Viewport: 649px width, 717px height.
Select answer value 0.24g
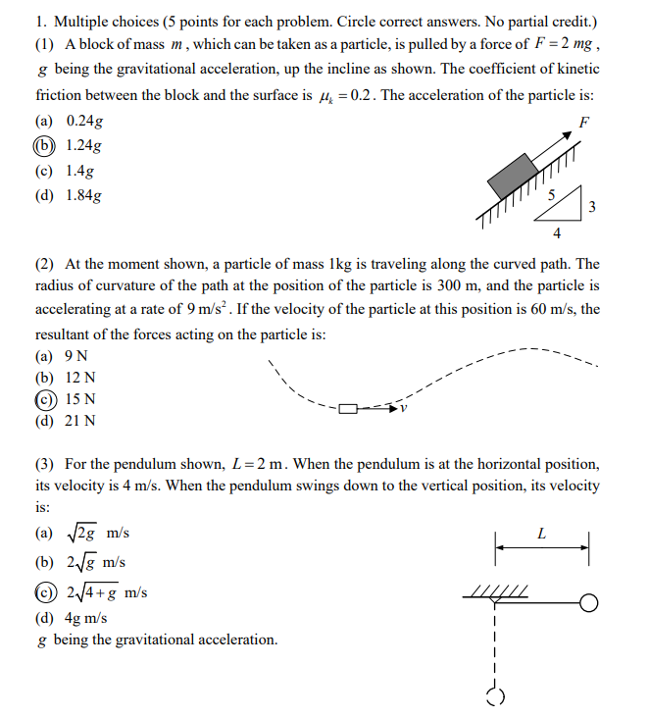pyautogui.click(x=84, y=122)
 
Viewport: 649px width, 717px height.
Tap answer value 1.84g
pyautogui.click(x=84, y=195)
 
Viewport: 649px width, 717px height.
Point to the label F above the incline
pyautogui.click(x=584, y=124)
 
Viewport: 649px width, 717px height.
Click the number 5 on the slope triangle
pyautogui.click(x=551, y=195)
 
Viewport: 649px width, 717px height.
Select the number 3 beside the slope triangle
pyautogui.click(x=592, y=207)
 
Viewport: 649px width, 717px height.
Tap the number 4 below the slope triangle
pyautogui.click(x=557, y=234)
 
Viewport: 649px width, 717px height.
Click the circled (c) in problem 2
pyautogui.click(x=45, y=399)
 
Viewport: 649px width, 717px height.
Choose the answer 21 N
pyautogui.click(x=80, y=422)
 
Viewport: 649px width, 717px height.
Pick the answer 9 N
pyautogui.click(x=76, y=355)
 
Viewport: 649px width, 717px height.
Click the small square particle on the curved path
pyautogui.click(x=349, y=407)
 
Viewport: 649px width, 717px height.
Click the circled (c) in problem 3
pyautogui.click(x=45, y=592)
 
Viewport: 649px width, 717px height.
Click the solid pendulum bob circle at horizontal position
pyautogui.click(x=588, y=602)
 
